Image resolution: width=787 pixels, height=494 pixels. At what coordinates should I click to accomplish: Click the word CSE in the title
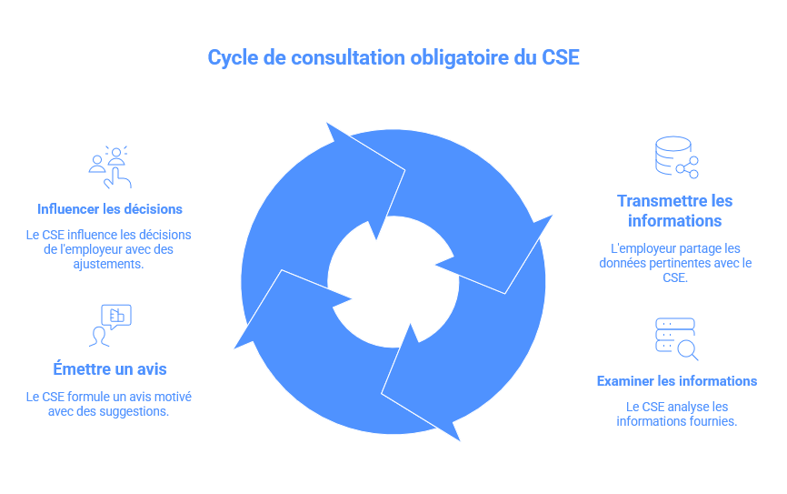[x=561, y=58]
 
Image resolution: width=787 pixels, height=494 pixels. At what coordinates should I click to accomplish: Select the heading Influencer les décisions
[x=110, y=208]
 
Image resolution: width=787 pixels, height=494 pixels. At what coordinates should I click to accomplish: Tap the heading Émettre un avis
[x=109, y=369]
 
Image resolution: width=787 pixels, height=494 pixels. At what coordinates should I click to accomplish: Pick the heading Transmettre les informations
[x=675, y=210]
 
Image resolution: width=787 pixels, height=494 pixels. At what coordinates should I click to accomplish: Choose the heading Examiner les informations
[x=676, y=381]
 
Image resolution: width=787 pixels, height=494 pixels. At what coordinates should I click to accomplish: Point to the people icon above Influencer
[x=110, y=166]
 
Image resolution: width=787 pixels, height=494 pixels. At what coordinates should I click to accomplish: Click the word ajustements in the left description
[x=109, y=264]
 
